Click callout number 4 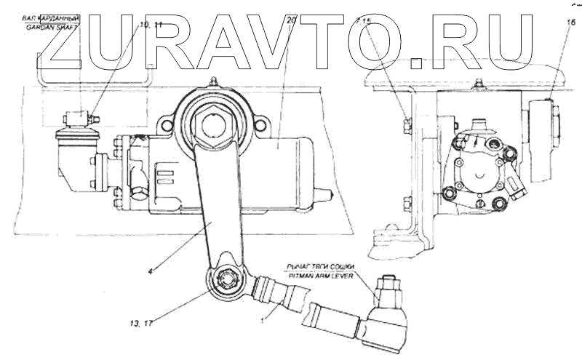tap(150, 272)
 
